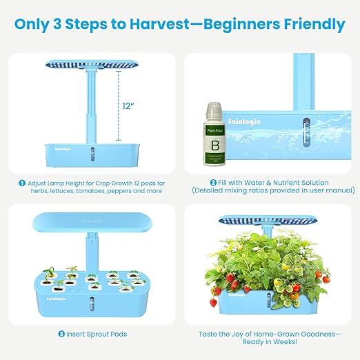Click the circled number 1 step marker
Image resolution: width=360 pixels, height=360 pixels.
click(x=23, y=183)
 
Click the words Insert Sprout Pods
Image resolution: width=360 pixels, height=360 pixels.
click(x=96, y=334)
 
